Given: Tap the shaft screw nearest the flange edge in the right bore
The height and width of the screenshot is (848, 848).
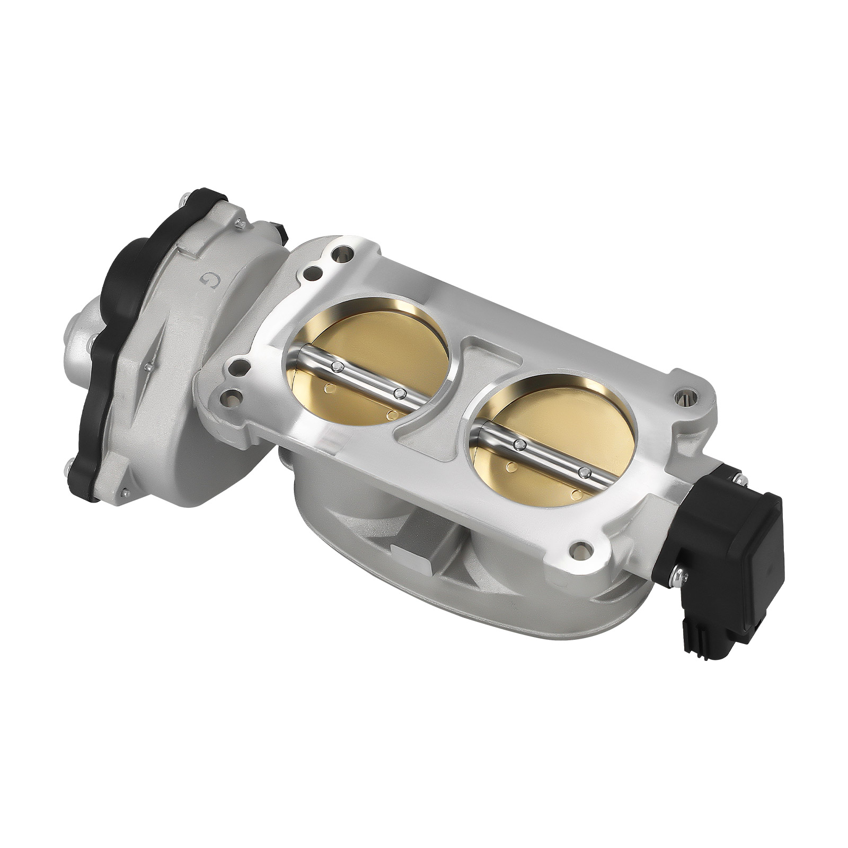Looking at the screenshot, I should click(585, 473).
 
